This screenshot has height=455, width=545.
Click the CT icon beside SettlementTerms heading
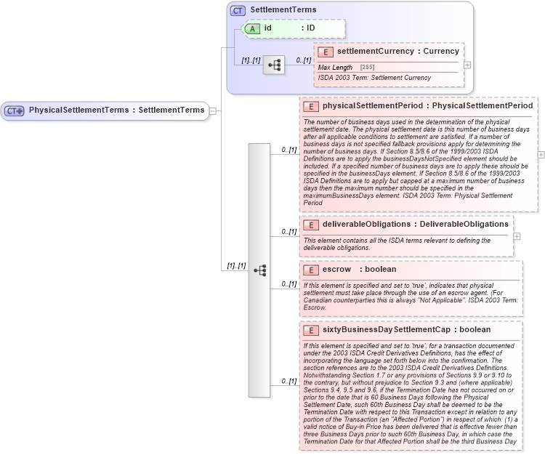click(x=238, y=11)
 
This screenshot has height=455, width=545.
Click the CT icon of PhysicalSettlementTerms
click(x=15, y=110)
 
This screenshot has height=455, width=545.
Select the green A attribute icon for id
click(x=251, y=28)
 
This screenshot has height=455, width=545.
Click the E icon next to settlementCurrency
click(x=326, y=52)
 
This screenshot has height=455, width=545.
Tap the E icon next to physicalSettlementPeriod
click(x=311, y=106)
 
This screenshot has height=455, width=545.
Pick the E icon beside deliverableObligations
click(x=311, y=225)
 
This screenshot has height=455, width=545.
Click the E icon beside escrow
click(x=311, y=270)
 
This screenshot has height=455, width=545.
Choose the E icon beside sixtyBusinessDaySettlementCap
click(x=311, y=330)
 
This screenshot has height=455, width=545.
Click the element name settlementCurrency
click(x=371, y=52)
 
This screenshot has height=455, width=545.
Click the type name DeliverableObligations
click(x=464, y=225)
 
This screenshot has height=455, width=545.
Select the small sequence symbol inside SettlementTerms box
click(x=274, y=65)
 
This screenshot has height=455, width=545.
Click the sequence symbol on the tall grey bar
click(x=259, y=270)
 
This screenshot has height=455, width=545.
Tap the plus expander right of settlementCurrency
click(x=467, y=65)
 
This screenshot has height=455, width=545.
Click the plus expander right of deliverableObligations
click(x=517, y=235)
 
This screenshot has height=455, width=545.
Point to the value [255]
click(x=368, y=68)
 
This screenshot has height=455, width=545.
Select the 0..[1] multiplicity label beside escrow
click(x=289, y=283)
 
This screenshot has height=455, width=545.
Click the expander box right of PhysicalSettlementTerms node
click(x=212, y=110)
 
